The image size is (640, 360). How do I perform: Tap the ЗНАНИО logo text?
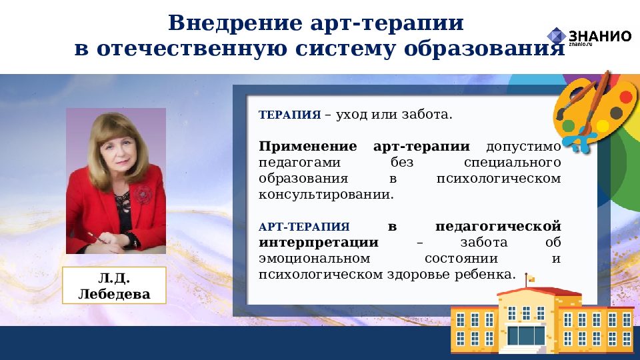[x=599, y=36]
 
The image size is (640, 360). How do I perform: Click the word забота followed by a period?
[x=427, y=115]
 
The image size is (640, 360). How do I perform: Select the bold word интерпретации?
[x=319, y=243]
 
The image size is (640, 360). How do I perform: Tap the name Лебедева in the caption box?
[x=114, y=293]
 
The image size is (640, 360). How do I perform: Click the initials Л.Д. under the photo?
[x=114, y=278]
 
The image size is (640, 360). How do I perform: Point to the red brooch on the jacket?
[x=141, y=193]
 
